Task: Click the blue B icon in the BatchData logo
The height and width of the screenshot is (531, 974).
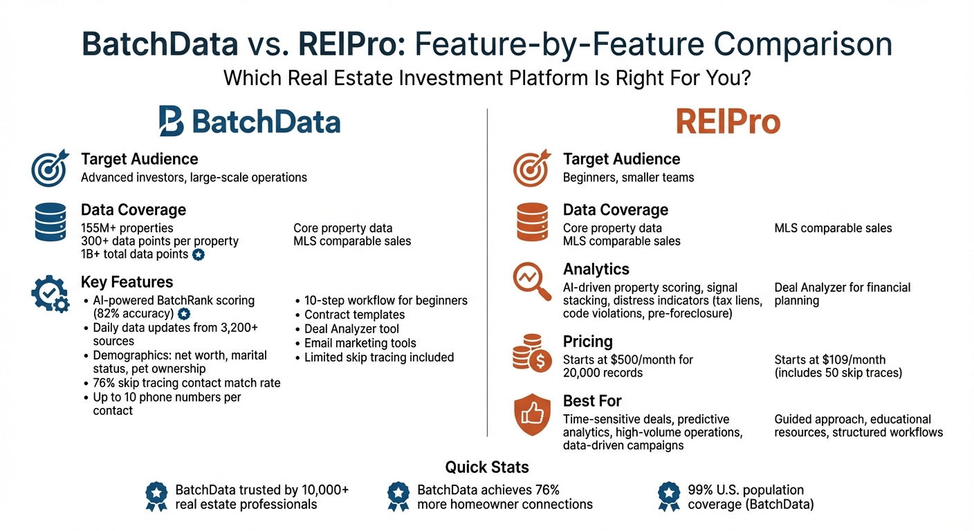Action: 171,121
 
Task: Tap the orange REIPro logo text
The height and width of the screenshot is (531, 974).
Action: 728,122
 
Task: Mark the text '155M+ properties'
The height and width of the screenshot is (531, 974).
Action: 127,227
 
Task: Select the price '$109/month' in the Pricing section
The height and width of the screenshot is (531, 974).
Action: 852,360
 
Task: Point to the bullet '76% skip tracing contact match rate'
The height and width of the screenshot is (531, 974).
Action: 187,383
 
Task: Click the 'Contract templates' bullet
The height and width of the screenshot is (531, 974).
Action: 354,315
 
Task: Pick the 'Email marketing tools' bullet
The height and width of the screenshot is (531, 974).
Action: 360,343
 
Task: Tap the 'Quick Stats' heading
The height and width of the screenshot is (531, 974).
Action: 487,467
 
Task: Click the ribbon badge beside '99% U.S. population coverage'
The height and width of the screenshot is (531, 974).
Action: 668,496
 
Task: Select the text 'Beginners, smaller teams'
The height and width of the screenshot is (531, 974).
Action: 628,177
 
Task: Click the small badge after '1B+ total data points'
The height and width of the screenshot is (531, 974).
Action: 198,254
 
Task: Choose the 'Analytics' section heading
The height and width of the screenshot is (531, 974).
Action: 596,269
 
